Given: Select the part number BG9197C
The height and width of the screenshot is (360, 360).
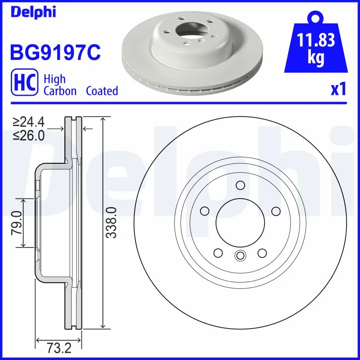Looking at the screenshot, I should click(x=55, y=52).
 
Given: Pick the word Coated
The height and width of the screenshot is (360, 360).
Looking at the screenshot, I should click(x=102, y=91).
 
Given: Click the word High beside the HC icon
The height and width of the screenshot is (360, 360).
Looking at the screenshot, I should click(x=54, y=79).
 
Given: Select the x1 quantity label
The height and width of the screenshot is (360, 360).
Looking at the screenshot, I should click(x=338, y=89).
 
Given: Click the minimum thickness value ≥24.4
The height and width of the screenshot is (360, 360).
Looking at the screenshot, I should click(x=29, y=122).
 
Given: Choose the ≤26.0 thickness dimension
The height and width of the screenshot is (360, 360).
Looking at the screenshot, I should click(x=29, y=135).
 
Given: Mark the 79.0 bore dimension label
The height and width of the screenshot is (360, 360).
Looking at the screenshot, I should click(x=17, y=222).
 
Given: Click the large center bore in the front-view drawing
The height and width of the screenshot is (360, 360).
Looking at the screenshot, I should click(x=240, y=222).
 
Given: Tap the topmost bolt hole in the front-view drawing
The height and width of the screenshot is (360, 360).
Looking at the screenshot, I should click(x=240, y=185).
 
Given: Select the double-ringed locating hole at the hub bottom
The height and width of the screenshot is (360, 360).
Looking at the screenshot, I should click(x=240, y=256).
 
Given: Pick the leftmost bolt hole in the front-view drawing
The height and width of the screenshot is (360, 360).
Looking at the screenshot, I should click(x=205, y=211).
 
